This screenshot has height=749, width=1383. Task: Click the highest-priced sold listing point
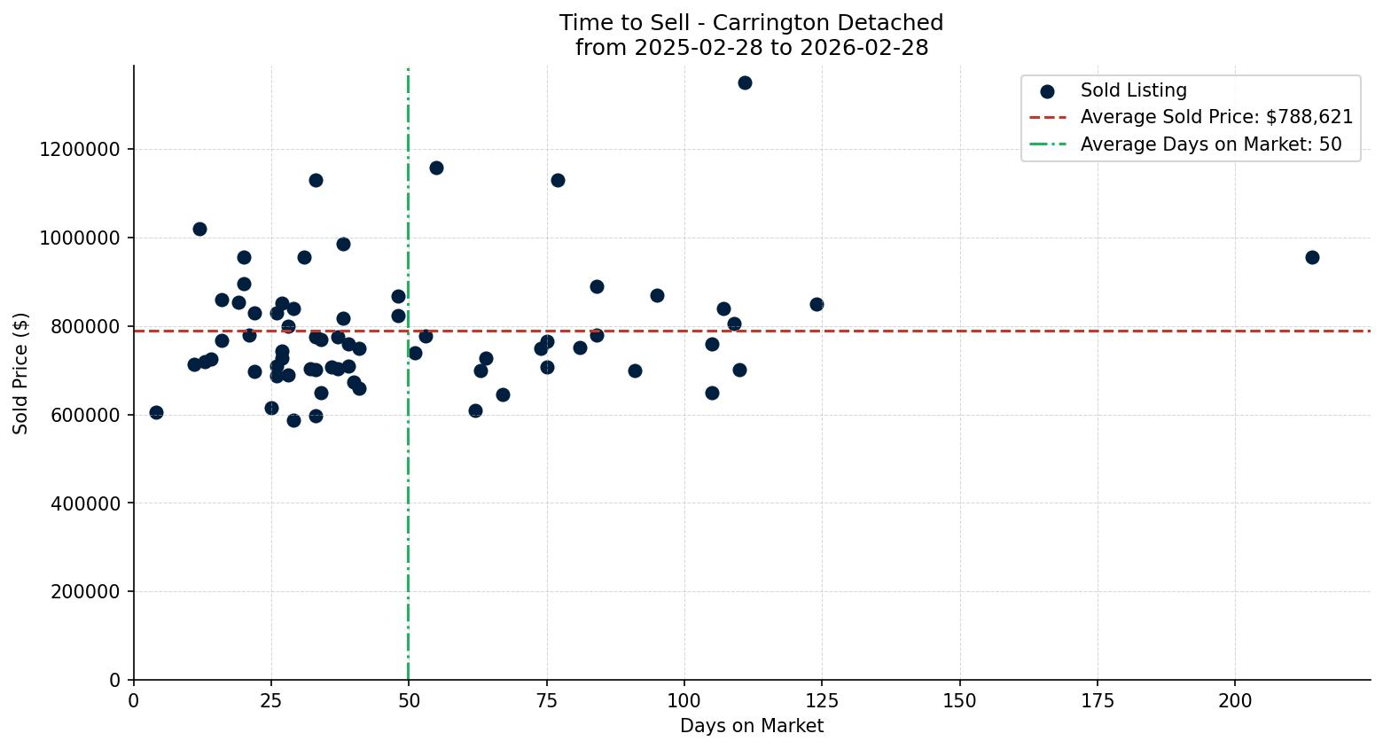(745, 82)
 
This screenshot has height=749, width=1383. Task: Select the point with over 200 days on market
(1312, 257)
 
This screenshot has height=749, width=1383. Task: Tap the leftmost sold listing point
(156, 412)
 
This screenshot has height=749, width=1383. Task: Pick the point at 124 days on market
(817, 304)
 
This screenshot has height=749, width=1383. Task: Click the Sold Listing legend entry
(1133, 90)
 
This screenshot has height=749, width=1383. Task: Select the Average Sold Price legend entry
(1216, 117)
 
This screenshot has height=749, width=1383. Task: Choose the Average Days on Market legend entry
(1210, 144)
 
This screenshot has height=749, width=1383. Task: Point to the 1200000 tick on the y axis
(80, 149)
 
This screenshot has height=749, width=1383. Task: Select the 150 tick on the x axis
(960, 701)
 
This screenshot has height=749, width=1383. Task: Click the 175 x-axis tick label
(1098, 701)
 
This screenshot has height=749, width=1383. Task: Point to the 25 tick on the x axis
(271, 701)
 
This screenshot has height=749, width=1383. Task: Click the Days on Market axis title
(752, 726)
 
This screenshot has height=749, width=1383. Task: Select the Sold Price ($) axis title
(20, 373)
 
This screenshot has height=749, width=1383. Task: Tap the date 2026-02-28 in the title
(863, 48)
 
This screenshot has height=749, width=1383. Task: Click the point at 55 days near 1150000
(436, 168)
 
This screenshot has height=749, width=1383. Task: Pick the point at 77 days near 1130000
(558, 180)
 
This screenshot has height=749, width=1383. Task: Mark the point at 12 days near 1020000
(199, 229)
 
